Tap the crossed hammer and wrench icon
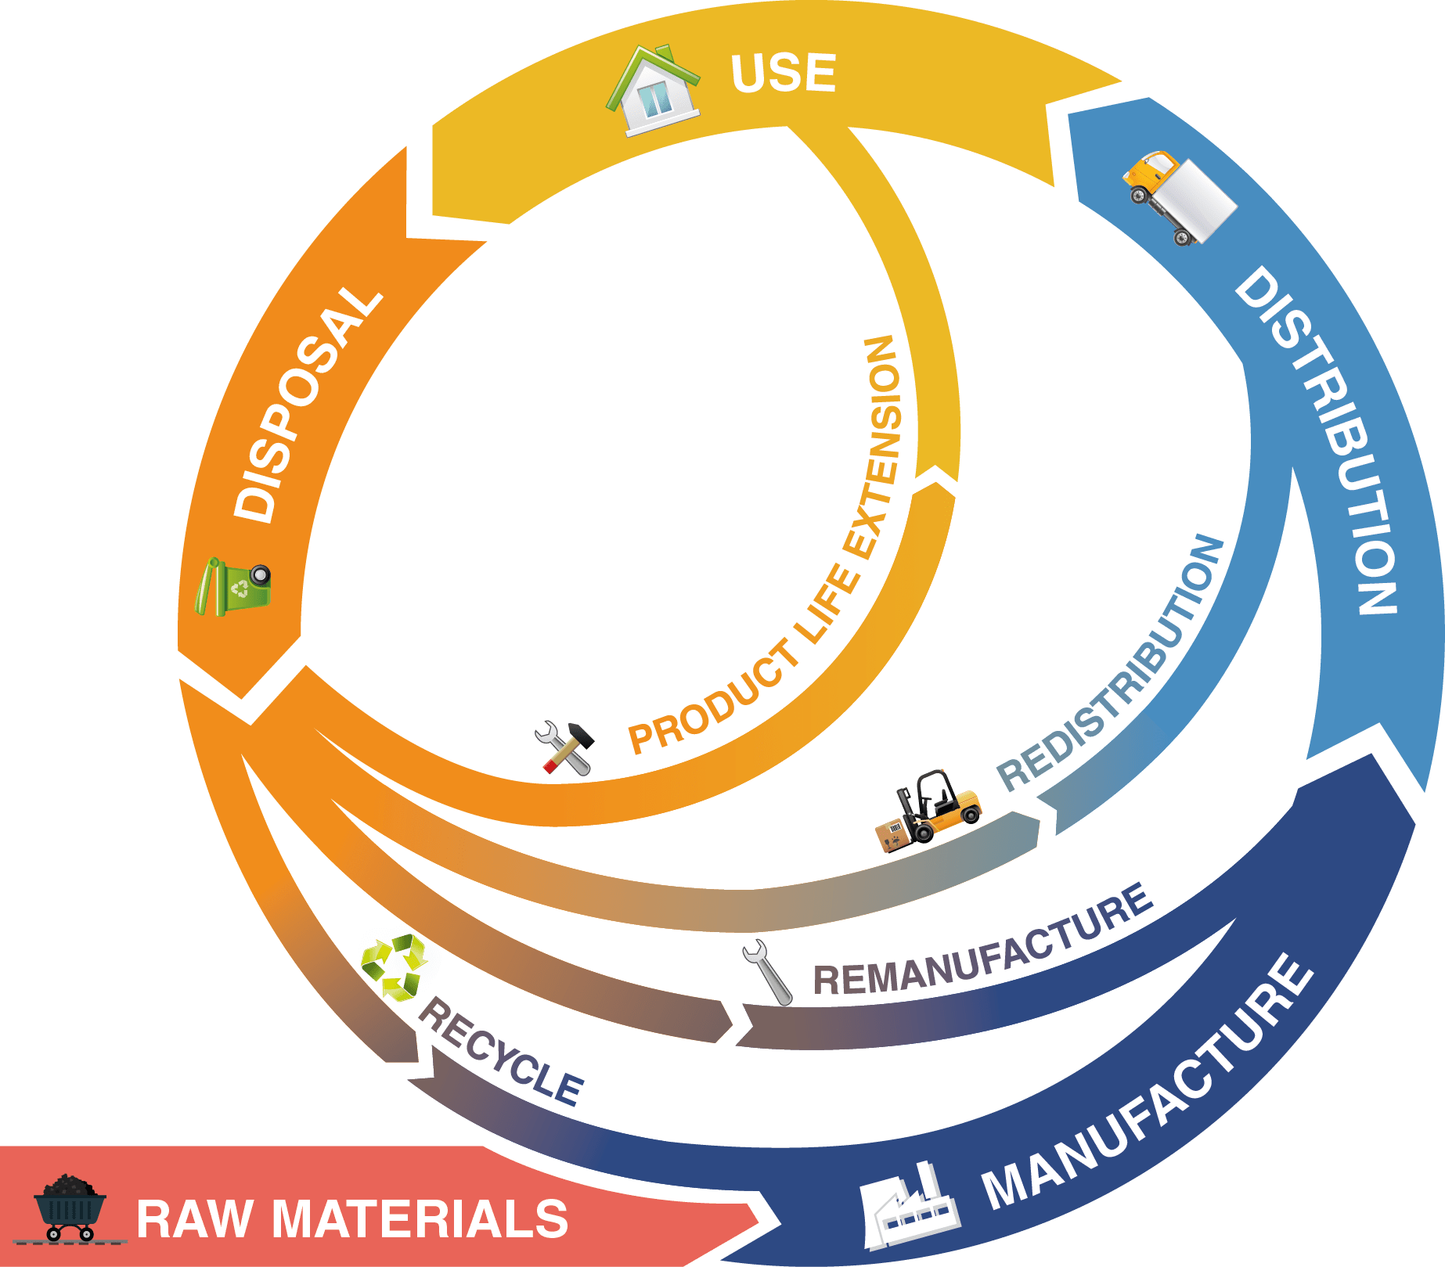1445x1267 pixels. point(565,748)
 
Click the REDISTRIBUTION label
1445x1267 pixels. point(1112,665)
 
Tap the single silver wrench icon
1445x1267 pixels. point(767,973)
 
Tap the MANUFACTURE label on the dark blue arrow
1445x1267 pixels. point(1147,1084)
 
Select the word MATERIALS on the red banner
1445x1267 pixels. point(420,1219)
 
